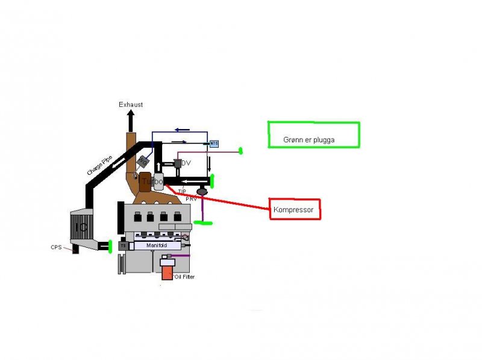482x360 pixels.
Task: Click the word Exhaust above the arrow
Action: [x=131, y=104]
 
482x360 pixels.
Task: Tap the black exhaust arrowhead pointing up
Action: [x=130, y=115]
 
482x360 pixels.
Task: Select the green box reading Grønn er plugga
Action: [x=313, y=135]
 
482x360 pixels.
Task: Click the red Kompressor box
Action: [x=295, y=209]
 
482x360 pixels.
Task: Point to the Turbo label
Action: [x=152, y=181]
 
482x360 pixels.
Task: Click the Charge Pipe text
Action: [x=99, y=163]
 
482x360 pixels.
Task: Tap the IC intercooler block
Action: [x=81, y=227]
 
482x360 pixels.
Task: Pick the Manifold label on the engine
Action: [x=155, y=246]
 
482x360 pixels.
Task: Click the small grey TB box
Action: [x=123, y=246]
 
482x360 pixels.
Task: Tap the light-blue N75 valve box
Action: [x=213, y=144]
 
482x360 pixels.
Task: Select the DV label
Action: [x=186, y=163]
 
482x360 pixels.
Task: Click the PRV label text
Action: [x=192, y=198]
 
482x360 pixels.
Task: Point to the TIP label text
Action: [x=182, y=192]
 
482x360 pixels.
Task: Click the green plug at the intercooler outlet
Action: [x=111, y=246]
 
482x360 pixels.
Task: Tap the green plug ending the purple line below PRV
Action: [x=203, y=223]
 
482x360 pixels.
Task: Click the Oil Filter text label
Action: [x=184, y=277]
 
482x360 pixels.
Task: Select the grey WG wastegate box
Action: [x=143, y=161]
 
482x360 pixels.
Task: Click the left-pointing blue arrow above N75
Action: [x=180, y=128]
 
